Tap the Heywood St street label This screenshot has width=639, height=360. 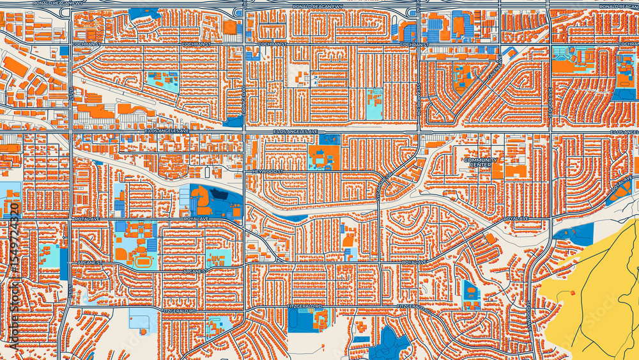[267, 172]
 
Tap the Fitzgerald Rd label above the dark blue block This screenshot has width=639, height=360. [312, 306]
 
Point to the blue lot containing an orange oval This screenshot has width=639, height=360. [472, 293]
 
